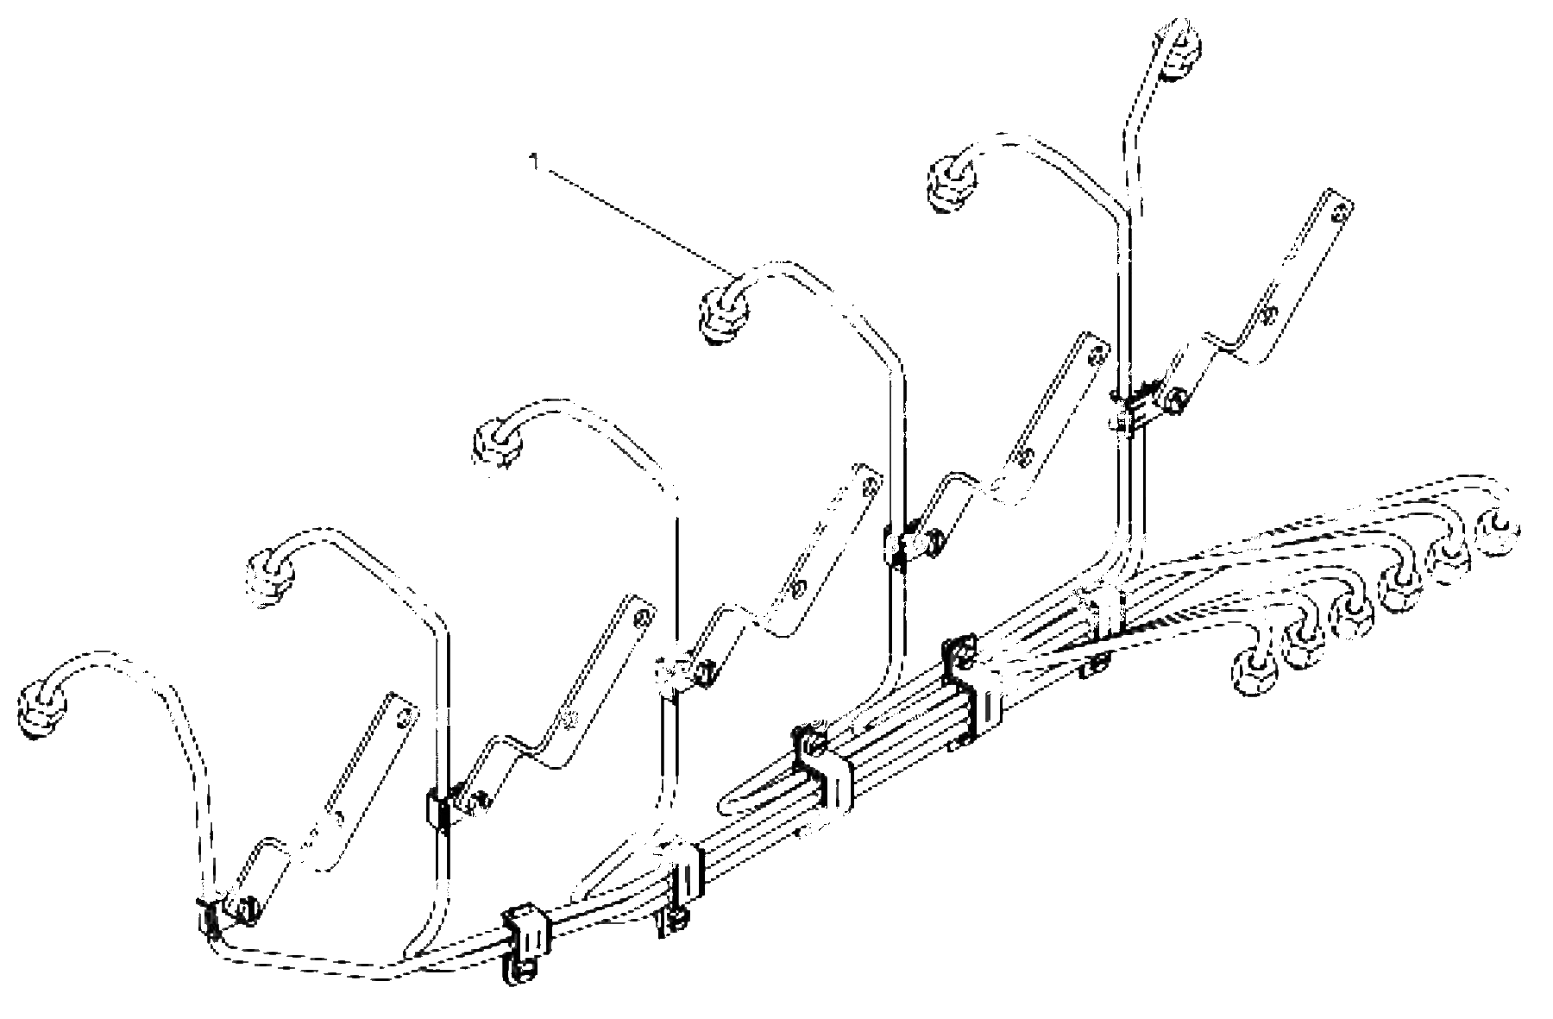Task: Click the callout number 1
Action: (534, 161)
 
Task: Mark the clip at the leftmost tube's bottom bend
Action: (208, 916)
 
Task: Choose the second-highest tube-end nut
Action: (951, 181)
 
